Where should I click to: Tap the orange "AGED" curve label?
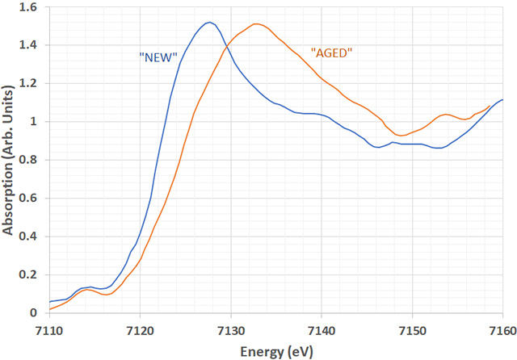(x=333, y=52)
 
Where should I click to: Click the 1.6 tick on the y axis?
(x=29, y=7)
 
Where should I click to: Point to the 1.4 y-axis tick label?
(x=29, y=45)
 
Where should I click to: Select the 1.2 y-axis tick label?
(x=29, y=84)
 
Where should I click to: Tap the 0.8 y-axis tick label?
(x=29, y=160)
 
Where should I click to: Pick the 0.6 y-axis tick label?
(x=29, y=199)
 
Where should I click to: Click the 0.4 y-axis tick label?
(x=29, y=237)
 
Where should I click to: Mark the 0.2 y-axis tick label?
(x=29, y=275)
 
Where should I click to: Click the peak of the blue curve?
(x=208, y=22)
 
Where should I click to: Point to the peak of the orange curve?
(x=255, y=24)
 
